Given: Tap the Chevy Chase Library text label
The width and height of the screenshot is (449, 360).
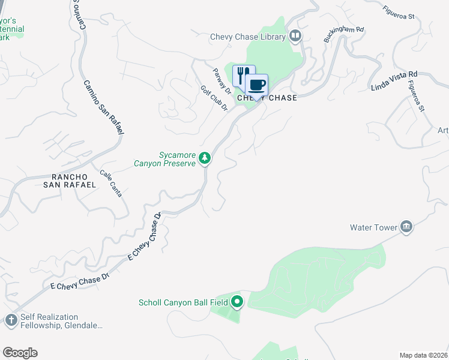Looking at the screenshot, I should (247, 37).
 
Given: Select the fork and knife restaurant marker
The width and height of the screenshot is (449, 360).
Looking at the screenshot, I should (243, 75).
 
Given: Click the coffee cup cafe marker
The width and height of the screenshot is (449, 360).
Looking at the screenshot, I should (257, 85).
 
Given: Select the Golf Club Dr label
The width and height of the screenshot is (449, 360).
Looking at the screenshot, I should (214, 98).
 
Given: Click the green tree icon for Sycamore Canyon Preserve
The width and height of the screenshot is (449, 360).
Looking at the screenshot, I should (205, 158).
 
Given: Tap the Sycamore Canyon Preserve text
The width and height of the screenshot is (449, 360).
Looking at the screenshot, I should (177, 158).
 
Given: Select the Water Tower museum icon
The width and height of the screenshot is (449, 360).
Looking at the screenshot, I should (406, 227).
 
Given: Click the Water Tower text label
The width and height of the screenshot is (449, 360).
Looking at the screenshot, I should (374, 227).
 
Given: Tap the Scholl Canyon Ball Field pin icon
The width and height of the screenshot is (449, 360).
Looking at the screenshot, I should (237, 302).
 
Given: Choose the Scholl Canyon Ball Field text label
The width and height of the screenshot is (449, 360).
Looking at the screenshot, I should (183, 302).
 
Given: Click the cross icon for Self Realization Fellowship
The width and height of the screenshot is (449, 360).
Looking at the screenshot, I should (11, 320).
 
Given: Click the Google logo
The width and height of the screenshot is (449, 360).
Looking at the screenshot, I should (20, 353).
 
